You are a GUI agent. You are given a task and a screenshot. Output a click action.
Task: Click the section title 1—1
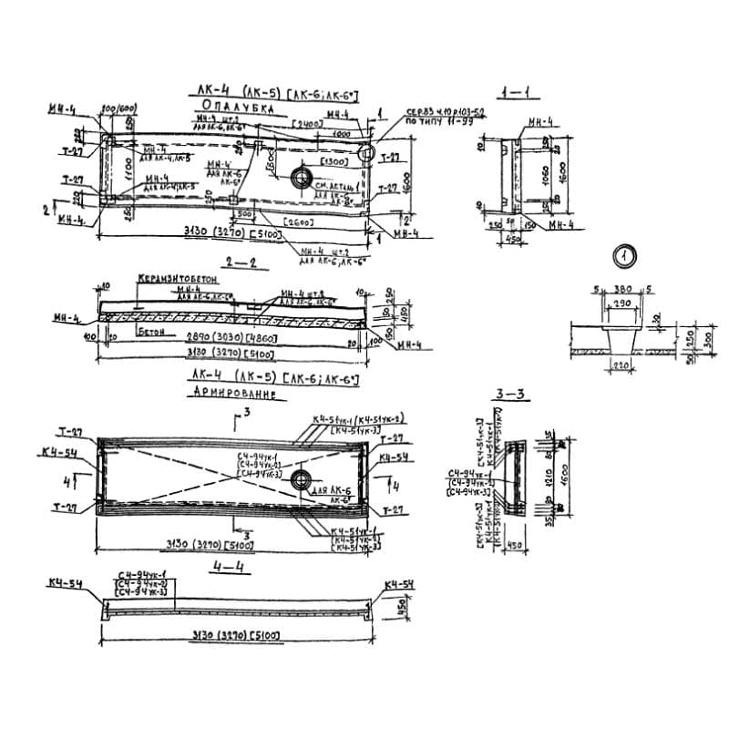(520, 91)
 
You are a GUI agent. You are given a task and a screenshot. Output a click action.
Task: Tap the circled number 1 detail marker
(622, 256)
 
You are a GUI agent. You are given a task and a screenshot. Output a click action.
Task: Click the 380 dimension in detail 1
(622, 289)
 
